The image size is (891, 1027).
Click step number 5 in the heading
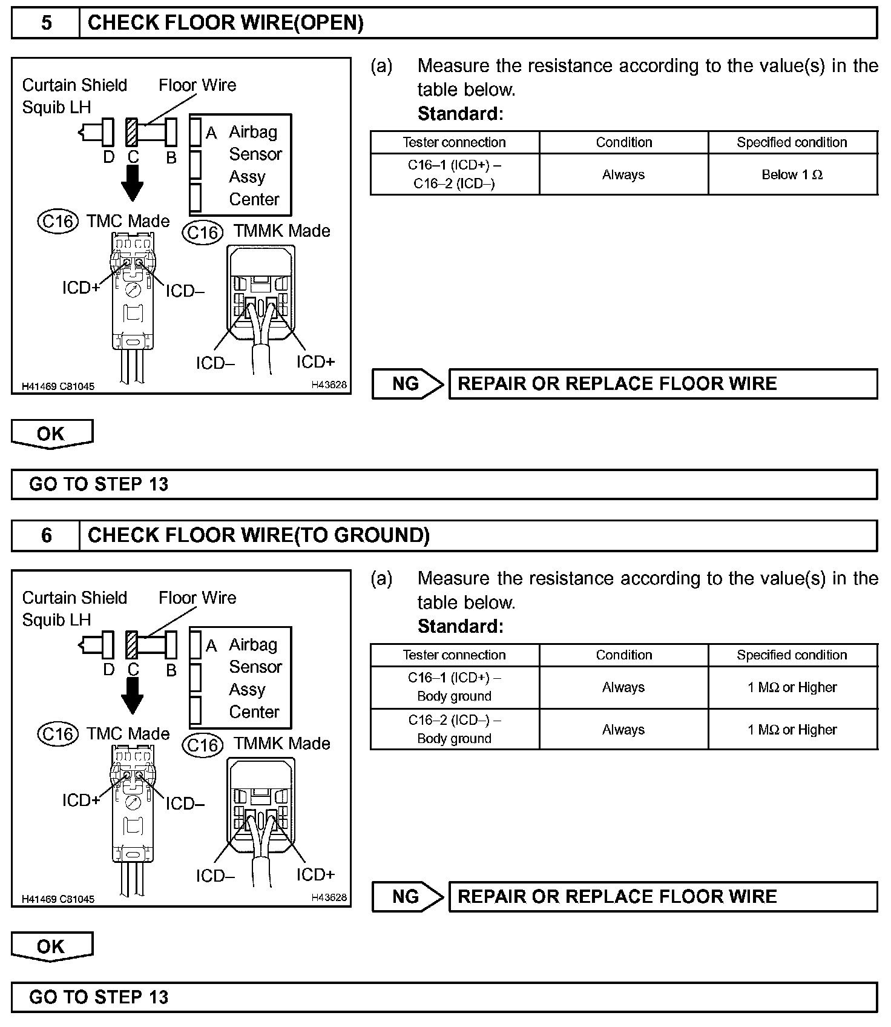46,23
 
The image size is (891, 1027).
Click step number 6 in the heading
46,535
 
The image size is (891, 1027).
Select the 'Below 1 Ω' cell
792,174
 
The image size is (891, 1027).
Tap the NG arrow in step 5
408,384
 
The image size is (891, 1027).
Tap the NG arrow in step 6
408,896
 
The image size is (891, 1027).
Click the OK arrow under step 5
51,434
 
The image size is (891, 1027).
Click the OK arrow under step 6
51,946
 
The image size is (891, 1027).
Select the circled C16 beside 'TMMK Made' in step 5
203,233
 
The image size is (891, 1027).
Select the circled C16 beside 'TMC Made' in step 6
58,734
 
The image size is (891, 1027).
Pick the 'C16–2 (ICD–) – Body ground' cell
454,729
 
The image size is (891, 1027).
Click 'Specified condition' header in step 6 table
792,655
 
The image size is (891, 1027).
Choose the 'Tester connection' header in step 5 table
454,142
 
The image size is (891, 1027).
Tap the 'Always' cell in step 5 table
623,174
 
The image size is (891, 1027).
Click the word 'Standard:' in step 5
460,113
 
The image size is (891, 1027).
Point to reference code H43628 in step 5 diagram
329,385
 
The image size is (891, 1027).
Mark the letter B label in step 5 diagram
171,157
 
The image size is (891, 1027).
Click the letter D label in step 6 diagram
109,670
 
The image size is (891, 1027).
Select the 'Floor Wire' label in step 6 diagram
197,598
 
